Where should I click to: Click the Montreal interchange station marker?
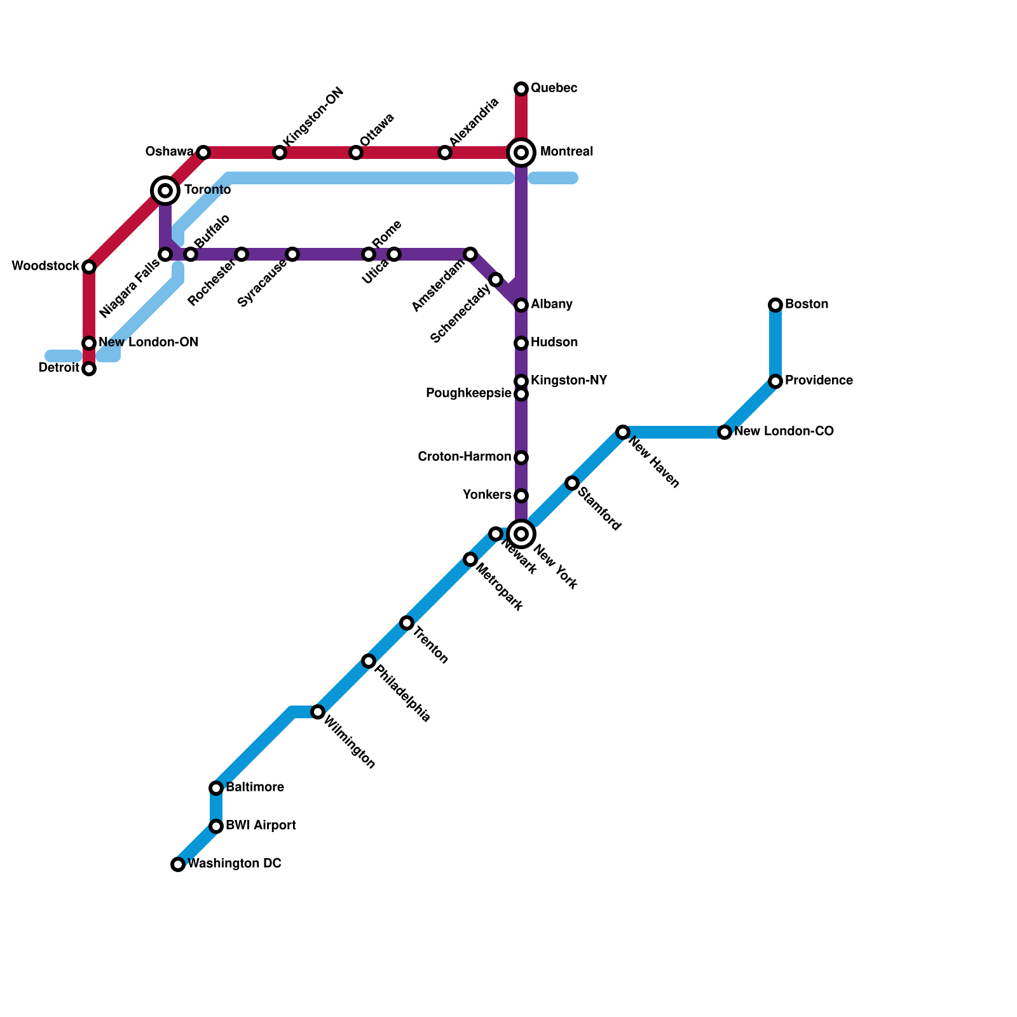pos(521,153)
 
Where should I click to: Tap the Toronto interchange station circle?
pos(165,190)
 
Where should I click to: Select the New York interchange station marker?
pos(521,534)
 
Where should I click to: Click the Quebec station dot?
pos(521,88)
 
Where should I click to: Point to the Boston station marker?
pos(775,305)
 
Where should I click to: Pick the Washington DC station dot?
pos(178,864)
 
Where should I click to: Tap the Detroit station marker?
pos(89,369)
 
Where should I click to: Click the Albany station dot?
pos(521,305)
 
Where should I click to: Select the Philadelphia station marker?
pos(369,661)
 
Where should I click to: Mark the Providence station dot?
pos(775,381)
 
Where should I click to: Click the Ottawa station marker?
pos(356,153)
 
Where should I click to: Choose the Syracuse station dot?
pos(292,254)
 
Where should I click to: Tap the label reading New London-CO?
pos(784,432)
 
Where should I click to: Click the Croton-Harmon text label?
pos(464,457)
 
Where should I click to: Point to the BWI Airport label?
pos(261,826)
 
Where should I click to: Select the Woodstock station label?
pos(45,266)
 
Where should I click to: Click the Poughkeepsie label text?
pos(468,393)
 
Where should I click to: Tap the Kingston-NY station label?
pos(569,381)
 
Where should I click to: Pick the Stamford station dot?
pos(572,483)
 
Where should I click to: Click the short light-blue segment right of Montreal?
pos(553,178)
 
